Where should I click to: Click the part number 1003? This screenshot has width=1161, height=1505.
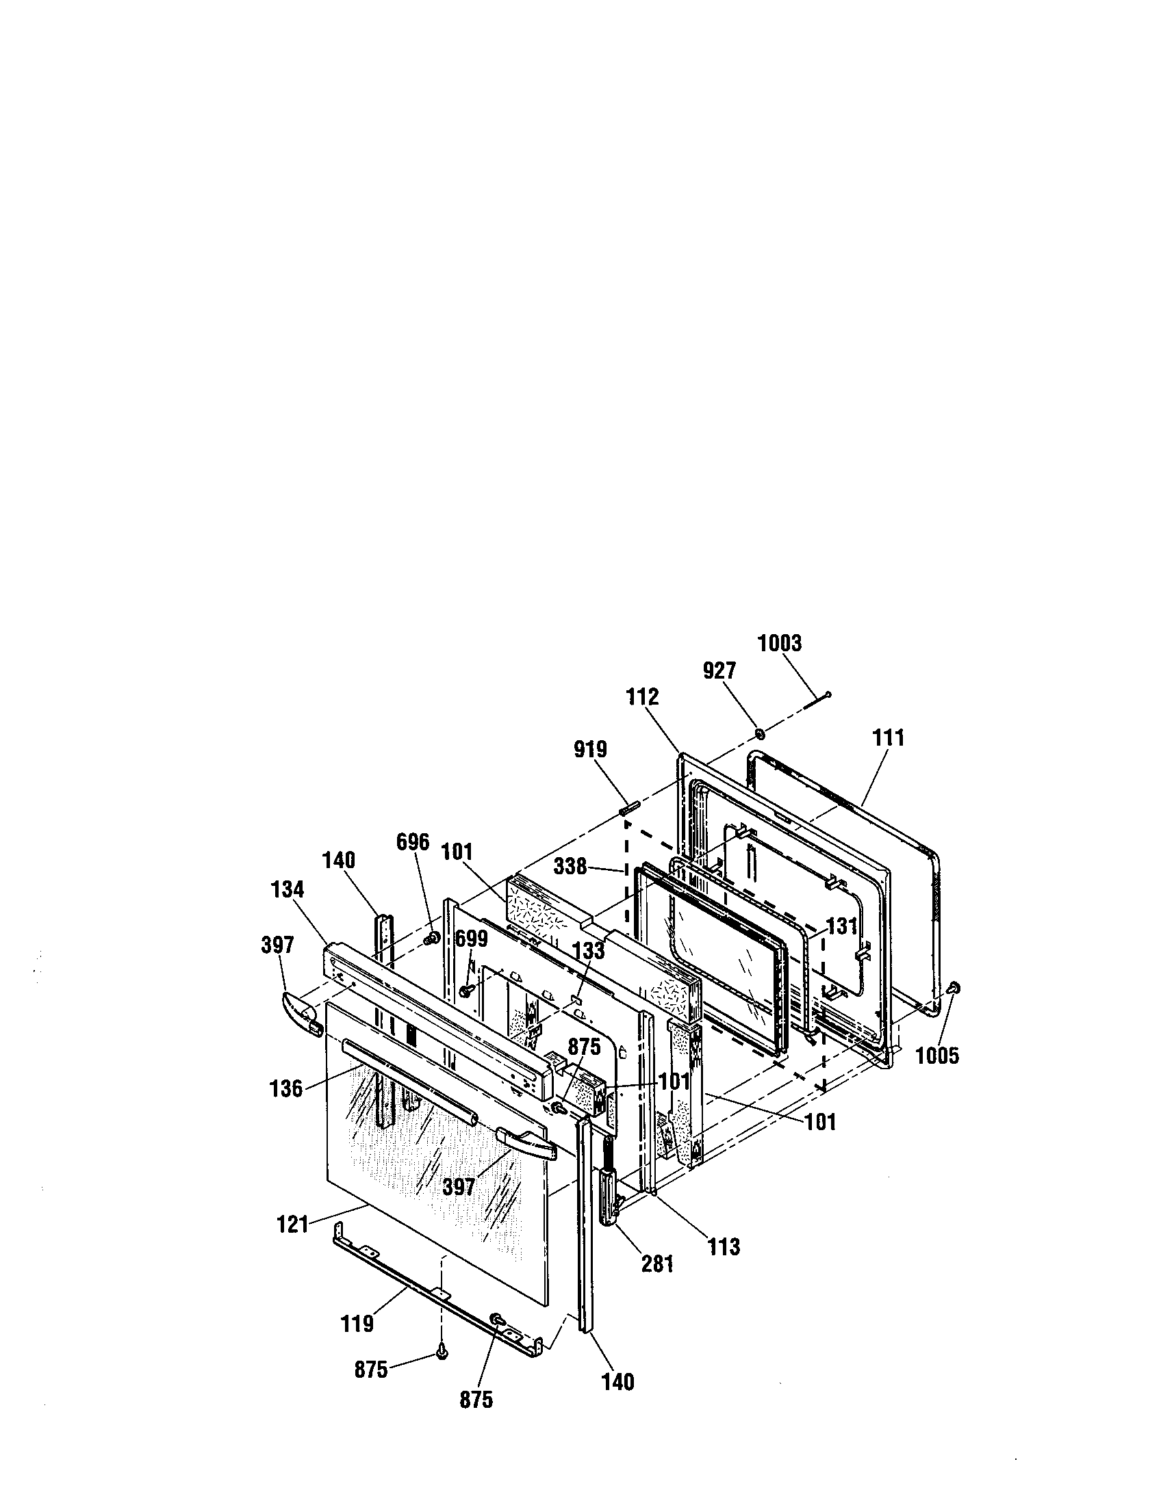click(x=780, y=643)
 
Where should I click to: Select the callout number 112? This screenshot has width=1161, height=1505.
click(x=643, y=696)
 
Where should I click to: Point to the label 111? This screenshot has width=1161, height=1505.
click(x=888, y=738)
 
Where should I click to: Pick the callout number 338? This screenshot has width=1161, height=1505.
click(x=570, y=866)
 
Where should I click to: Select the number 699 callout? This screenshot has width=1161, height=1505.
click(x=472, y=939)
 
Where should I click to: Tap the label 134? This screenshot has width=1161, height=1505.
click(x=287, y=889)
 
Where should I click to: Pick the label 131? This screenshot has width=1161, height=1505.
click(x=842, y=927)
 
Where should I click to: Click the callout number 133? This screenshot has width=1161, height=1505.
click(x=588, y=951)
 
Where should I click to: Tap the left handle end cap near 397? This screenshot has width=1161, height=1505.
click(x=302, y=1010)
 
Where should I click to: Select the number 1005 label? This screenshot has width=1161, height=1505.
click(x=937, y=1055)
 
